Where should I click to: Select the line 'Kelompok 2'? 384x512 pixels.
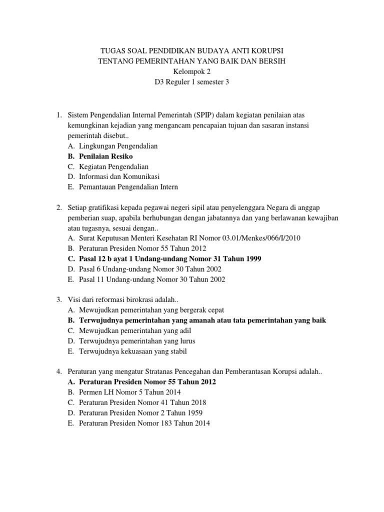192,71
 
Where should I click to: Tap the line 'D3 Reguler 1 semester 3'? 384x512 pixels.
192,82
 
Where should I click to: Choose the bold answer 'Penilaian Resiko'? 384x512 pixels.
106,156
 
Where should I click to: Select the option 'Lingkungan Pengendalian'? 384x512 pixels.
118,146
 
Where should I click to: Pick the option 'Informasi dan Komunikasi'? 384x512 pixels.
119,176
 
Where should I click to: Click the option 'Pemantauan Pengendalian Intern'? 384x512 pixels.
128,187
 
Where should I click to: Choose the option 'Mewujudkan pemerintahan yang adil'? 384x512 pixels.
135,330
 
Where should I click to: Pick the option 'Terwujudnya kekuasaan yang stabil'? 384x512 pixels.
133,351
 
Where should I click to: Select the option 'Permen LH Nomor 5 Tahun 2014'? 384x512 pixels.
130,392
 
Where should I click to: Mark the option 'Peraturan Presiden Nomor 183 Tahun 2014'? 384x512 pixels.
144,423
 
